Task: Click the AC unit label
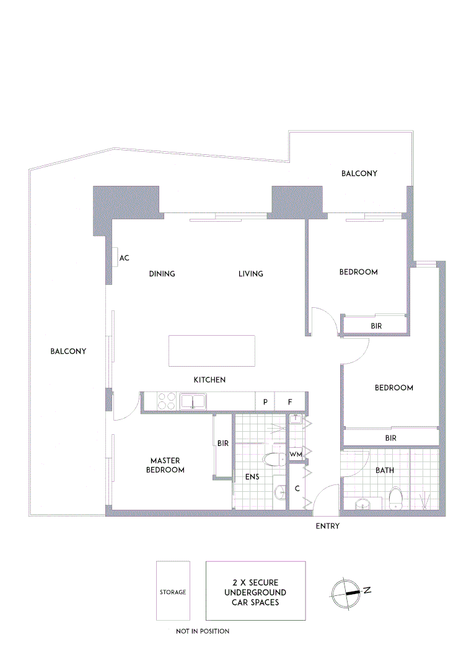click(124, 258)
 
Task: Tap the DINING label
click(162, 274)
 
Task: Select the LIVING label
click(251, 274)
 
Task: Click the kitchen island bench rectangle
click(212, 351)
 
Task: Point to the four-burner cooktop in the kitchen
click(166, 402)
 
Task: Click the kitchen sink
click(193, 402)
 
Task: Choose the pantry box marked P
click(265, 402)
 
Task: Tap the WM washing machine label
click(296, 455)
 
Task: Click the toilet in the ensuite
click(273, 459)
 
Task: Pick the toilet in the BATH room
click(395, 497)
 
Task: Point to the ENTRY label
click(328, 527)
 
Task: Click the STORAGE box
click(173, 591)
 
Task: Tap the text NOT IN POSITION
click(203, 631)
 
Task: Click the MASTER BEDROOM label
click(165, 465)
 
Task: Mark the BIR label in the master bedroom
click(223, 444)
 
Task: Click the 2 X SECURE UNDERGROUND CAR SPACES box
click(255, 591)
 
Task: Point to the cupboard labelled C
click(297, 489)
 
